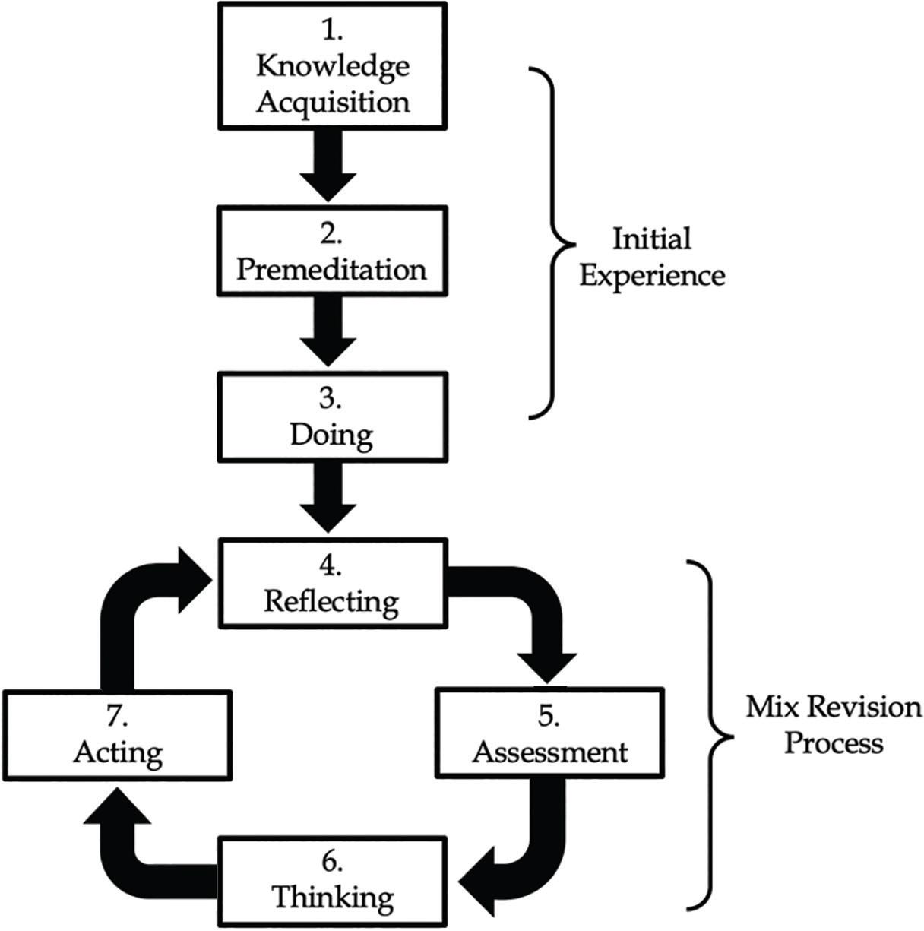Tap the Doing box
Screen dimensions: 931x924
(332, 416)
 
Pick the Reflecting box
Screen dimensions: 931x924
(332, 583)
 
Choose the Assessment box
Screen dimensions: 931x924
(549, 733)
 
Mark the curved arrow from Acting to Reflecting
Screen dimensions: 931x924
(129, 608)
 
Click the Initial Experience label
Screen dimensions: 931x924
(652, 257)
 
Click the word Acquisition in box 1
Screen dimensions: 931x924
(332, 101)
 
